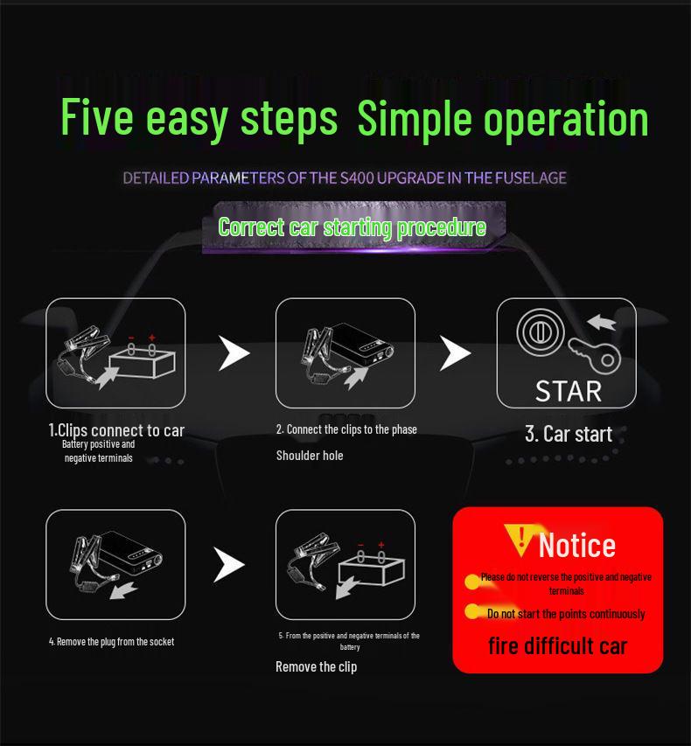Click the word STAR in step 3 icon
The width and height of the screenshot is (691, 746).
568,389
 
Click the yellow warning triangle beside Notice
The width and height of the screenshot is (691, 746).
520,540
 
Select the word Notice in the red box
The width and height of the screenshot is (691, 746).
576,545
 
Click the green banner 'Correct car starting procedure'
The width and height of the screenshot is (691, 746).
352,227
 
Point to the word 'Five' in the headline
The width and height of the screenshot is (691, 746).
95,118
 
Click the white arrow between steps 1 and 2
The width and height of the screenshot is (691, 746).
233,352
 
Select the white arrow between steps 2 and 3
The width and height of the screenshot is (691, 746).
454,352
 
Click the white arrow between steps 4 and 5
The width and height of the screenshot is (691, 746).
229,565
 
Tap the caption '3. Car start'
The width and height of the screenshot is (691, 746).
568,434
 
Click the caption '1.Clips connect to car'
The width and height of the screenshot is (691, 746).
116,430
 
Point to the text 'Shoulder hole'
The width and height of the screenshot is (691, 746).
310,456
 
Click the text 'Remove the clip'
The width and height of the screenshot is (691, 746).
316,667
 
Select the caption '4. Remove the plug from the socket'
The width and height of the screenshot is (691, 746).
111,642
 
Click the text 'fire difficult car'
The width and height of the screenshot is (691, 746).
557,646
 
